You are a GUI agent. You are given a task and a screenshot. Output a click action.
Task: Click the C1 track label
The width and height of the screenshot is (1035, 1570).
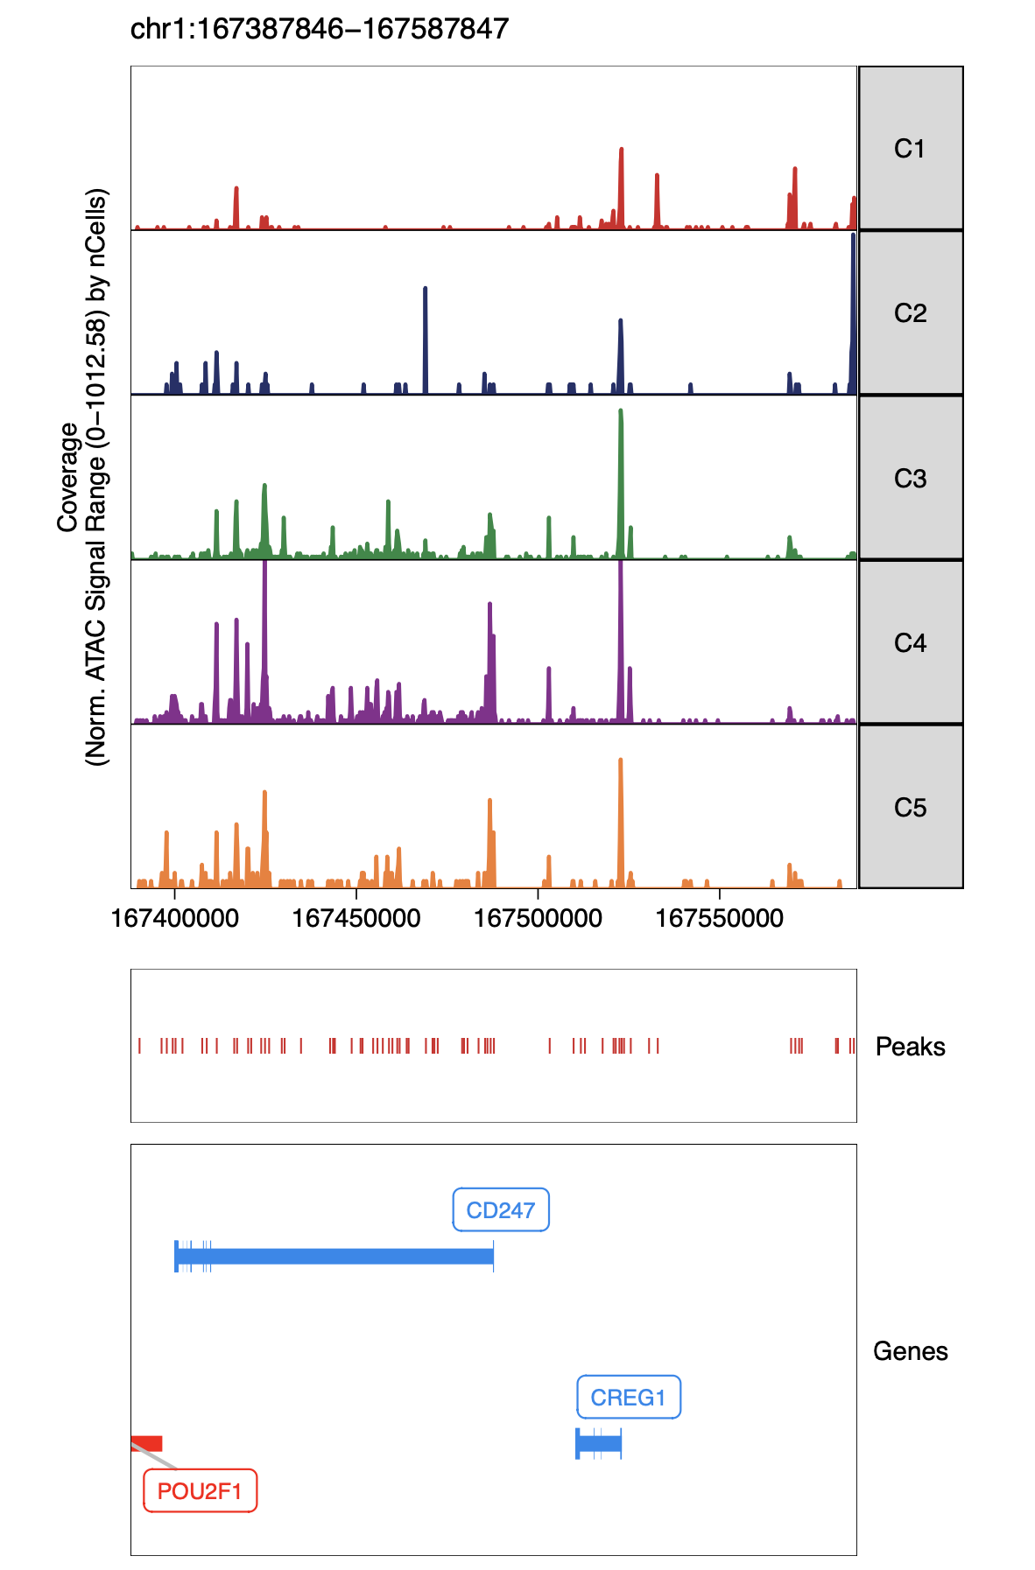[910, 149]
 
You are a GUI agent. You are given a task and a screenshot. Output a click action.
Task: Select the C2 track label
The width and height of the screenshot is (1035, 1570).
[910, 313]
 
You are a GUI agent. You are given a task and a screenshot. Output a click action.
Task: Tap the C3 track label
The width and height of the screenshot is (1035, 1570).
[910, 479]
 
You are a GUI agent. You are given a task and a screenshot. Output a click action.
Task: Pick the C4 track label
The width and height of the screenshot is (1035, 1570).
[910, 643]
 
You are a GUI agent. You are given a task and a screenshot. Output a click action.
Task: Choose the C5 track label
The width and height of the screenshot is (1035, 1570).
[910, 808]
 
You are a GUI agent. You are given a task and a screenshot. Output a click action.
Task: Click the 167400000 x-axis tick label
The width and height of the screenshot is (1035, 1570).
[175, 919]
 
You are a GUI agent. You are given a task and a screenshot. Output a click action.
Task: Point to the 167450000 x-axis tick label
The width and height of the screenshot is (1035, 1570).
[356, 919]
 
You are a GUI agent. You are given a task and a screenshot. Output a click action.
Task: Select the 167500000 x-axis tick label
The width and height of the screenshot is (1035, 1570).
[538, 919]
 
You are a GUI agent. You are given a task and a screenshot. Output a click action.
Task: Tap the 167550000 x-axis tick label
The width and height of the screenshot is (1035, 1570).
[719, 919]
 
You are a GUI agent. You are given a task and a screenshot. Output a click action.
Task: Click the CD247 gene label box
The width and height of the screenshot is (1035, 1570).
[501, 1210]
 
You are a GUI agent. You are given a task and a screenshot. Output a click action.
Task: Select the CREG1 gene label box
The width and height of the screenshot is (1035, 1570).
[628, 1398]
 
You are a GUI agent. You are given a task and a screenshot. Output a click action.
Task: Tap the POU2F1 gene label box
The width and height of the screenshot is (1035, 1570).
[200, 1491]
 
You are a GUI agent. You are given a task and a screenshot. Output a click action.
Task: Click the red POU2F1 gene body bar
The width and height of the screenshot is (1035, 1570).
[146, 1443]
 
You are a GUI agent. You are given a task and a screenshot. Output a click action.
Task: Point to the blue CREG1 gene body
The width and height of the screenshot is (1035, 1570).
[599, 1443]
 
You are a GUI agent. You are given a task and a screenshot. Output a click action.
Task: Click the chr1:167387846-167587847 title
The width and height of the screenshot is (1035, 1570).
[320, 29]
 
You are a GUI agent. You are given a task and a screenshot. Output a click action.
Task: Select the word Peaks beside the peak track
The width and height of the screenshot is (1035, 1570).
[910, 1047]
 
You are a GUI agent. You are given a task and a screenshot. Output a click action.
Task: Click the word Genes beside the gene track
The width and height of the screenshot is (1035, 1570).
[910, 1351]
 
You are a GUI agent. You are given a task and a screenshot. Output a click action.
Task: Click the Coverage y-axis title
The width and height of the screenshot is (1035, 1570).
[68, 477]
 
